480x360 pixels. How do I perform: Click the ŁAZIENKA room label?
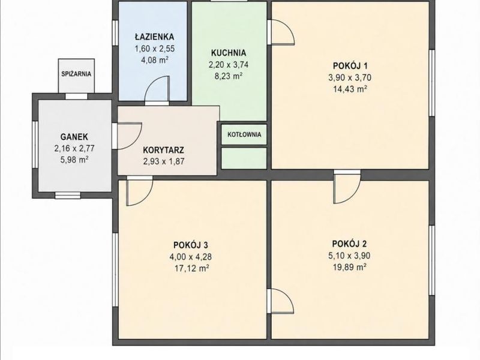point(154,37)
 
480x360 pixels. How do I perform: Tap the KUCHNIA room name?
point(229,53)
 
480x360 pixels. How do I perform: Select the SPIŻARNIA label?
point(76,74)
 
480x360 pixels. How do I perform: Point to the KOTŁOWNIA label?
point(244,134)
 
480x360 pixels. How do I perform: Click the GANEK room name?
point(74,137)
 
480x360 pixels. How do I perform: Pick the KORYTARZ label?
point(163,151)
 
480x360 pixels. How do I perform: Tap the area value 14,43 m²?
point(350,89)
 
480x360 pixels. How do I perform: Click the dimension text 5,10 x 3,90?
point(349,256)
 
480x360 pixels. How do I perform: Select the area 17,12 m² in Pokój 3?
point(191,268)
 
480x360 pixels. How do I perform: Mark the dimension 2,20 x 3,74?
point(229,65)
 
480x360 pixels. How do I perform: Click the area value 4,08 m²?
point(154,59)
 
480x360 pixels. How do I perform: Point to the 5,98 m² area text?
point(74,160)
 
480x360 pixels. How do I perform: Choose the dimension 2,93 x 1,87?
point(164,161)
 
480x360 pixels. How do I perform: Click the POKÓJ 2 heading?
point(349,244)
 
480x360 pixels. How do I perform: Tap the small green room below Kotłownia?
point(244,158)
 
